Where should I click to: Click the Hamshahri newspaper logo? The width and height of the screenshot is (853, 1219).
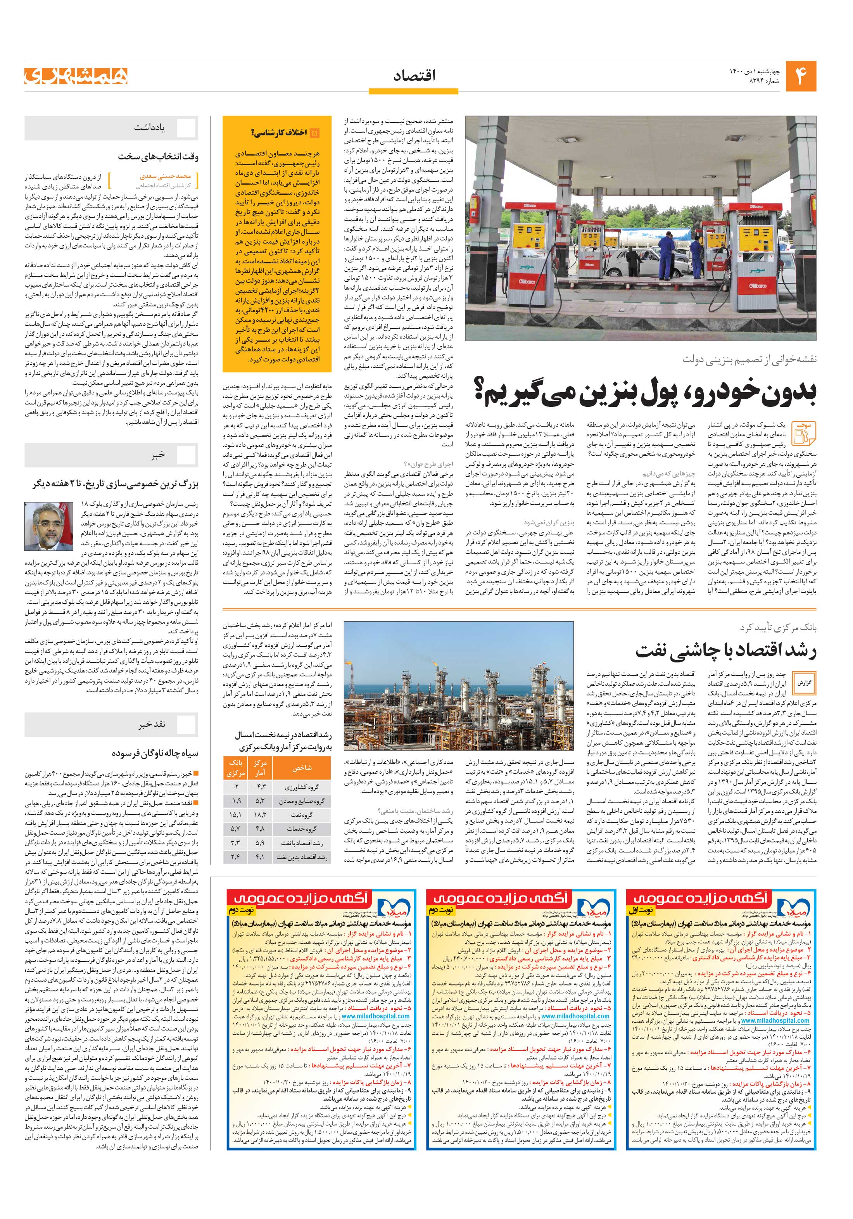pos(76,76)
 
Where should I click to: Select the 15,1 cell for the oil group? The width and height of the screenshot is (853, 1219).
pos(235,814)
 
